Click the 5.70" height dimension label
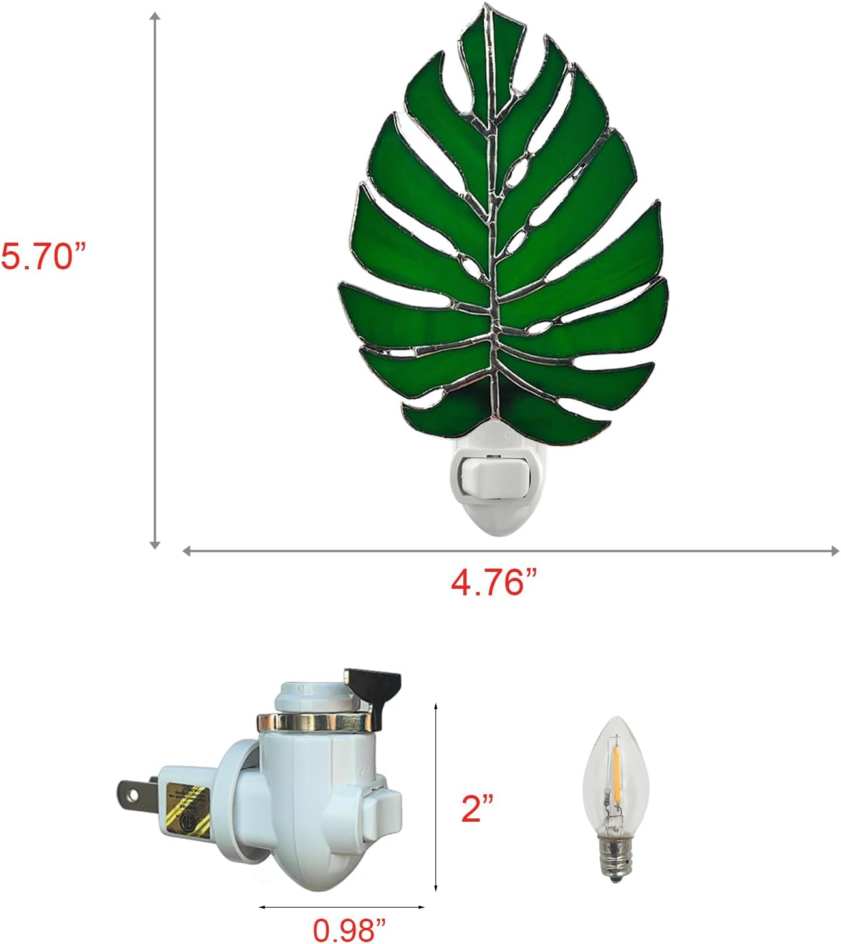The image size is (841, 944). tap(44, 256)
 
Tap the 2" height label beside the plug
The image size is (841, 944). tap(478, 809)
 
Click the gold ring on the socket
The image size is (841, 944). tap(312, 721)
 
